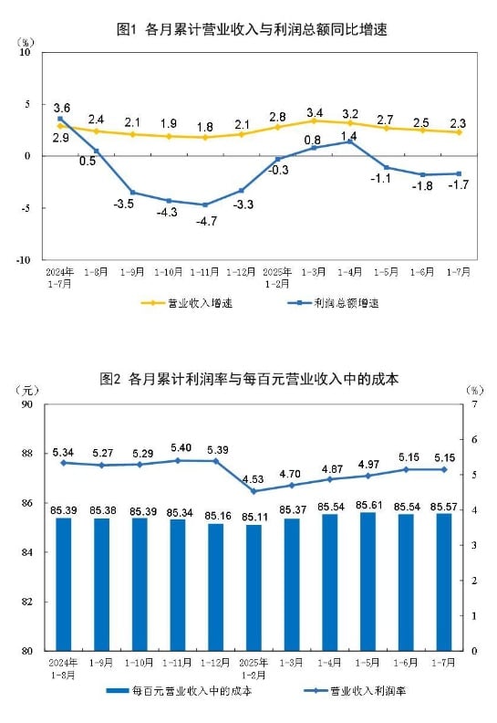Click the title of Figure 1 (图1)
coord(253,29)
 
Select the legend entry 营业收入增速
coord(187,302)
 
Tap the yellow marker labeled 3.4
coord(314,120)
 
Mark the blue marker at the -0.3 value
coord(278,159)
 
